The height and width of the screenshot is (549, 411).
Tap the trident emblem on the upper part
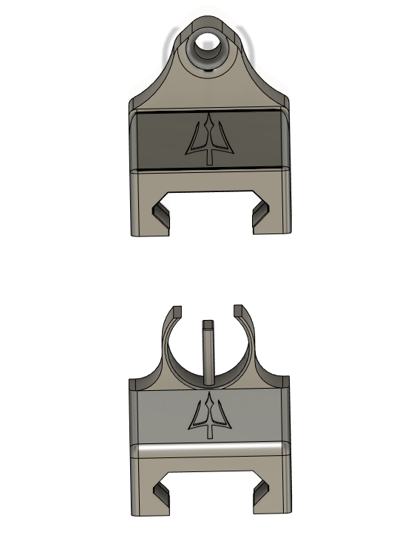point(211,138)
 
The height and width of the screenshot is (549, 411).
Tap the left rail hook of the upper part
point(158,214)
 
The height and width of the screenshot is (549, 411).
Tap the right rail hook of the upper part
point(261,214)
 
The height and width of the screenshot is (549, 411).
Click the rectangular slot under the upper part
point(209,211)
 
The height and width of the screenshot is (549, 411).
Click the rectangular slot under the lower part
point(209,491)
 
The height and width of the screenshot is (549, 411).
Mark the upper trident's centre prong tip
point(211,116)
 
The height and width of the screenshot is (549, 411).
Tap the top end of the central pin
point(208,323)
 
